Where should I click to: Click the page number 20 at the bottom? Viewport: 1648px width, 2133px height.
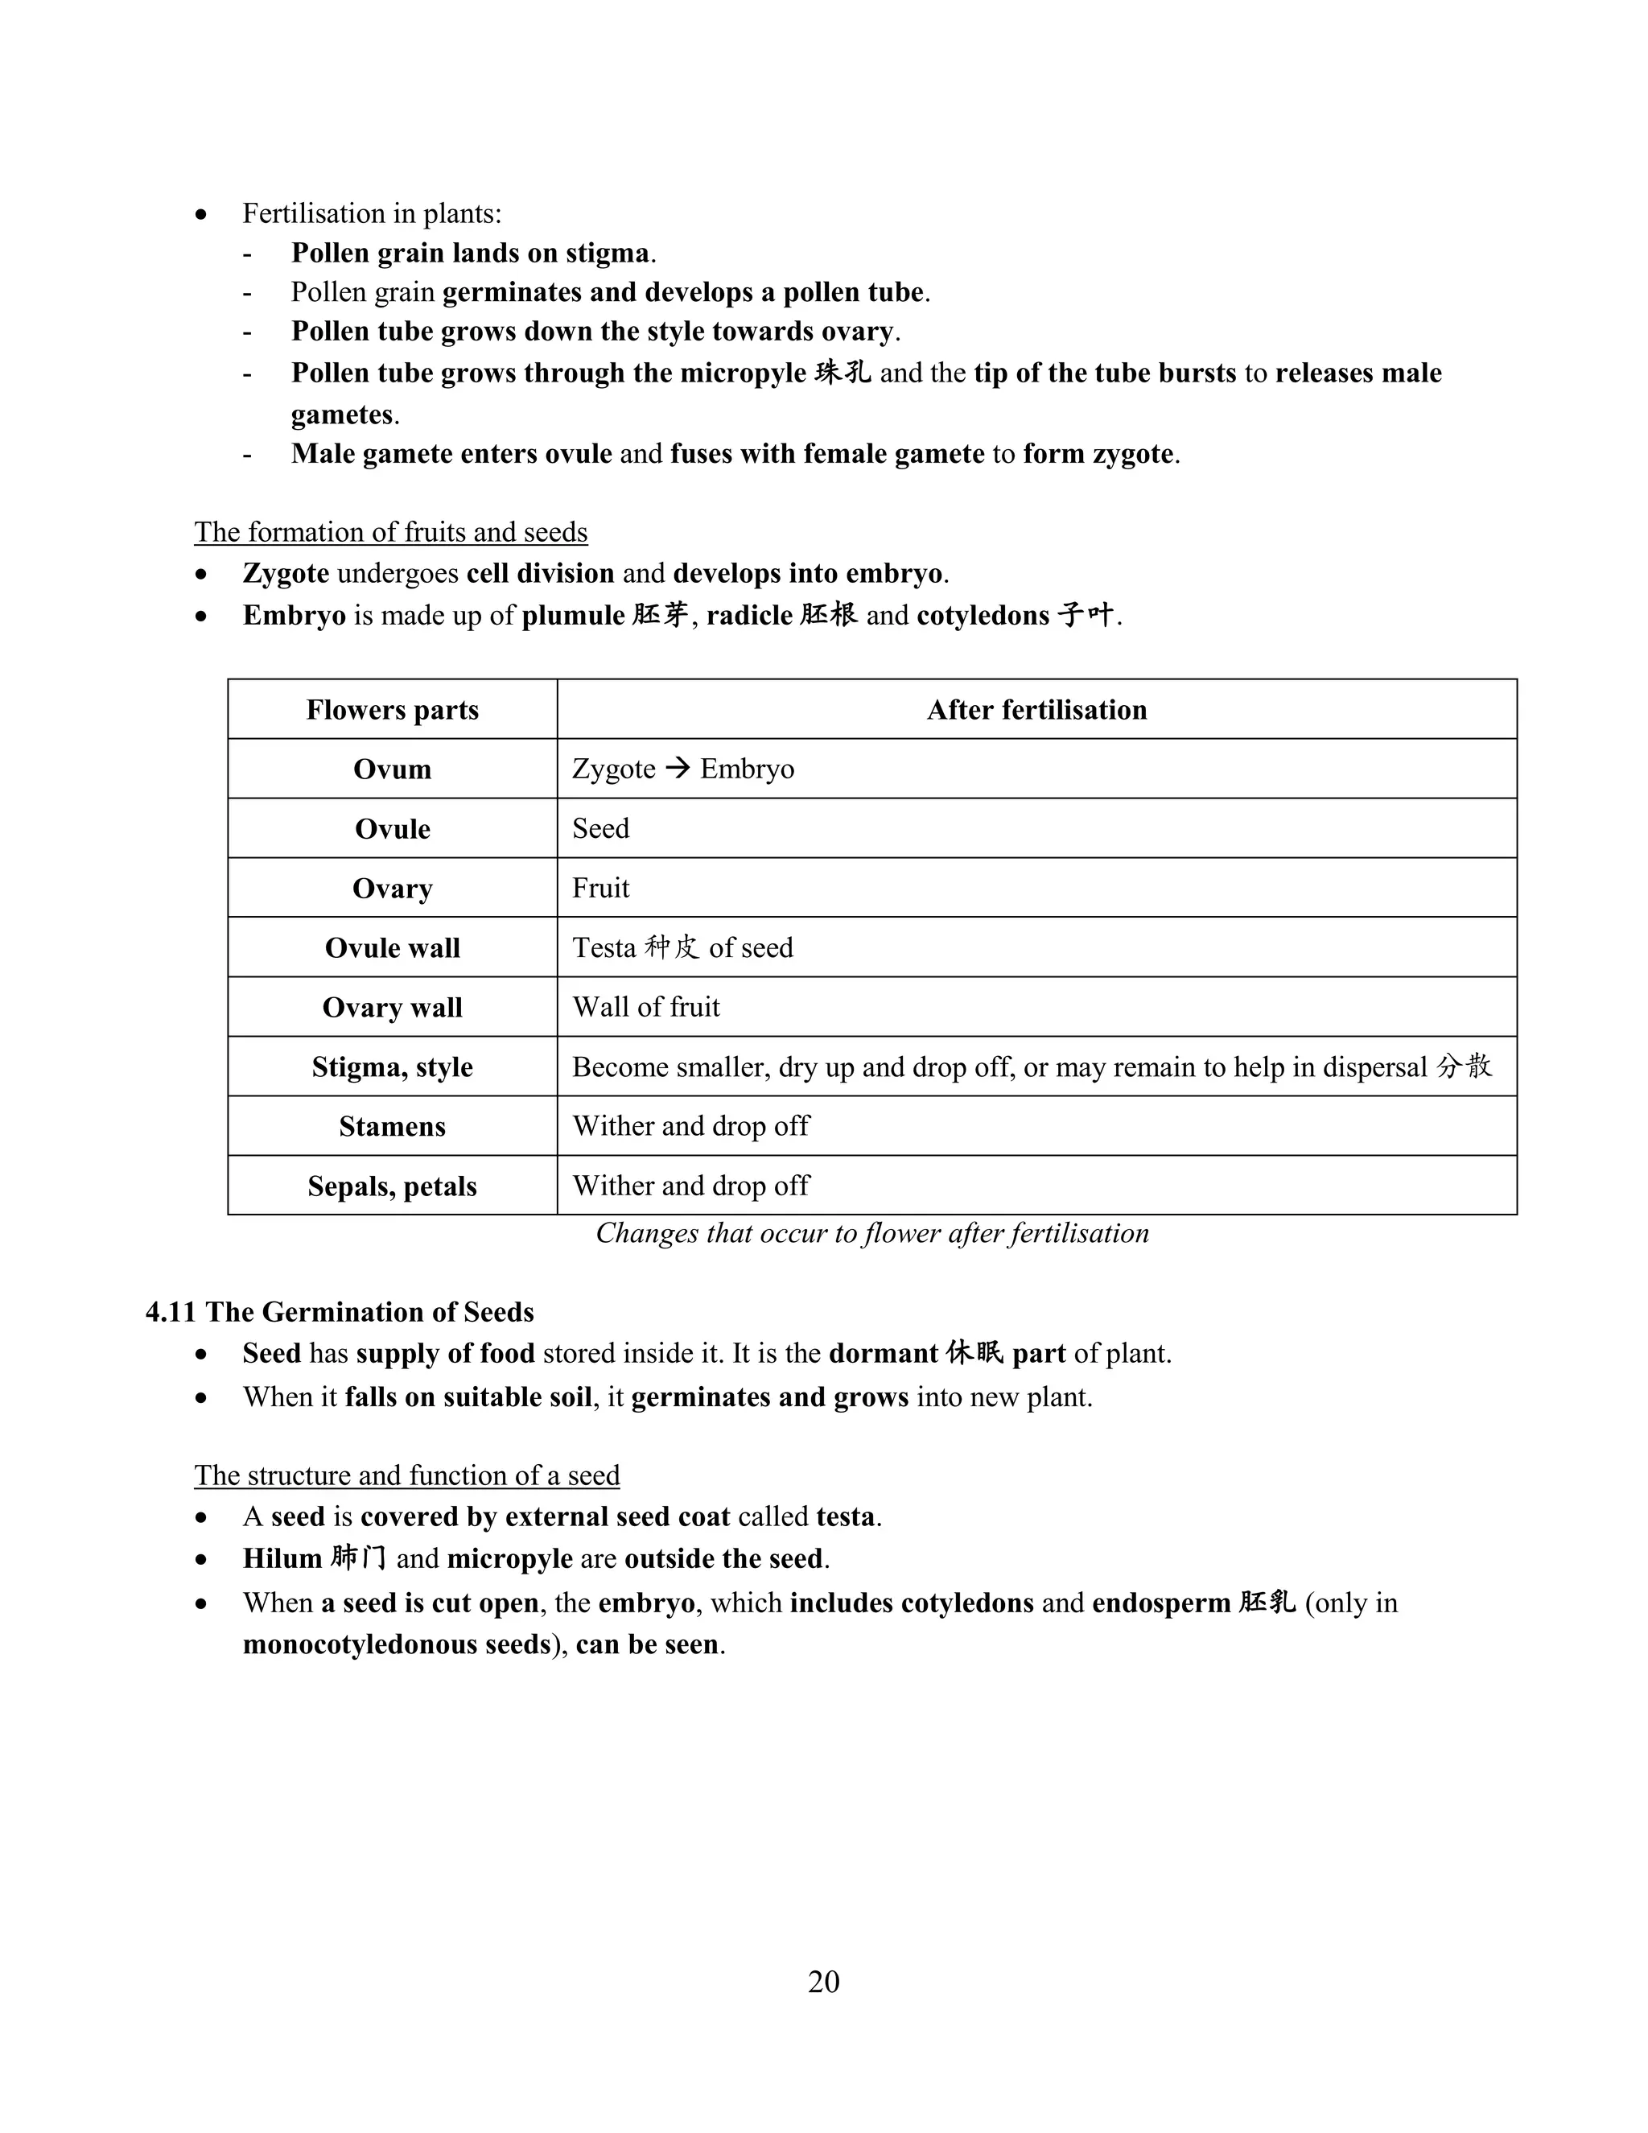pyautogui.click(x=823, y=1981)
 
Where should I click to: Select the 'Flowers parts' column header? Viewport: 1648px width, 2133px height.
pyautogui.click(x=393, y=710)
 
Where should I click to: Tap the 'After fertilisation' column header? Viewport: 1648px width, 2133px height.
pyautogui.click(x=1036, y=710)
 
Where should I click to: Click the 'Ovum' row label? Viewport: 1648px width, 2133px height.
pyautogui.click(x=393, y=769)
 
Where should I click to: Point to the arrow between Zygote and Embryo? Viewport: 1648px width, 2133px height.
pyautogui.click(x=677, y=769)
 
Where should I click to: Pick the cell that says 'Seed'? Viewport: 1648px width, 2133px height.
pyautogui.click(x=600, y=828)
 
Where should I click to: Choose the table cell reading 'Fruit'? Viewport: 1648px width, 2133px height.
pyautogui.click(x=600, y=888)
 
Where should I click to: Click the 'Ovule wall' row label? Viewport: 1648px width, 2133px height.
pyautogui.click(x=393, y=948)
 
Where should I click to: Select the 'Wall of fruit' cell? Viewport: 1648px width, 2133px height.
pyautogui.click(x=645, y=1007)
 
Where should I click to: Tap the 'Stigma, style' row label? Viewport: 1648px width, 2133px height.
pyautogui.click(x=393, y=1066)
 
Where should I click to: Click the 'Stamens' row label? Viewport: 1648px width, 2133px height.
pyautogui.click(x=393, y=1126)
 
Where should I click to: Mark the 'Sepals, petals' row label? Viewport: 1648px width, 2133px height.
pyautogui.click(x=393, y=1186)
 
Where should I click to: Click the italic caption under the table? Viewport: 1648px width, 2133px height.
pyautogui.click(x=871, y=1233)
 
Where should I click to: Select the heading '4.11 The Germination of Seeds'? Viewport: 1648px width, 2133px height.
pyautogui.click(x=340, y=1312)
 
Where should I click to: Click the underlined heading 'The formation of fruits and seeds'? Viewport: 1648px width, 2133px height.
pyautogui.click(x=390, y=532)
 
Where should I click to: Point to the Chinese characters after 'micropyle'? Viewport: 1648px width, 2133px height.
pyautogui.click(x=843, y=373)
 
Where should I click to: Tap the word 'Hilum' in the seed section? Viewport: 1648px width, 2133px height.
pyautogui.click(x=282, y=1559)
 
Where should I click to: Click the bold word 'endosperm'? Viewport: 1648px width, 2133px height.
pyautogui.click(x=1161, y=1603)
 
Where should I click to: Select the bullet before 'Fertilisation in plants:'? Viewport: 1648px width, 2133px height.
pyautogui.click(x=201, y=214)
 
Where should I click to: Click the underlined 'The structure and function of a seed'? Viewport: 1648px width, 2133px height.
pyautogui.click(x=406, y=1475)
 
